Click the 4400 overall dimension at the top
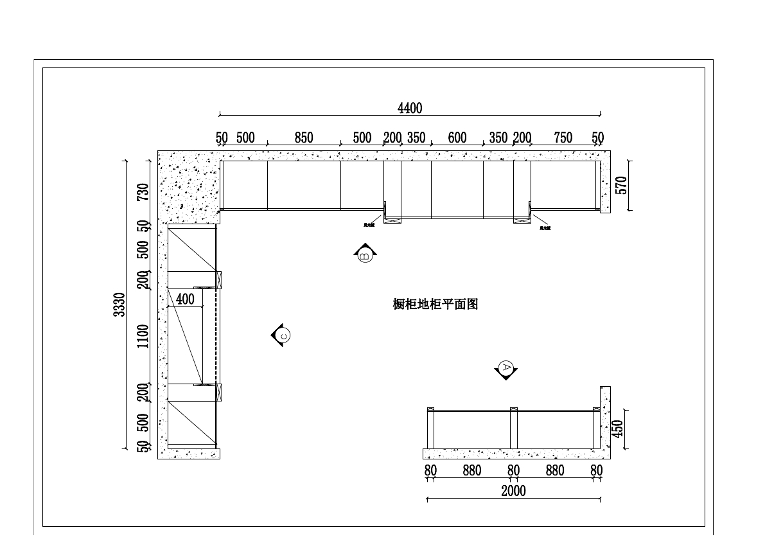click(410, 108)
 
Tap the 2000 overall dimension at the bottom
click(513, 491)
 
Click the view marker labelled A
click(506, 369)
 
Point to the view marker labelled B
click(364, 254)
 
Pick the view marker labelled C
click(283, 335)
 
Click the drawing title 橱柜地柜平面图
click(435, 305)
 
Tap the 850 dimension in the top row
click(304, 137)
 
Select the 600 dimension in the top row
click(457, 137)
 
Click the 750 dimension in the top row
click(563, 137)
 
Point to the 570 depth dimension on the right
click(620, 185)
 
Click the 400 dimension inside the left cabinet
click(184, 299)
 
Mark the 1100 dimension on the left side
click(143, 336)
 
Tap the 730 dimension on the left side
click(143, 191)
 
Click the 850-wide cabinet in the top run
click(304, 185)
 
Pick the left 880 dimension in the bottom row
click(472, 470)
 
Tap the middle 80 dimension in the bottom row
click(513, 470)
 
